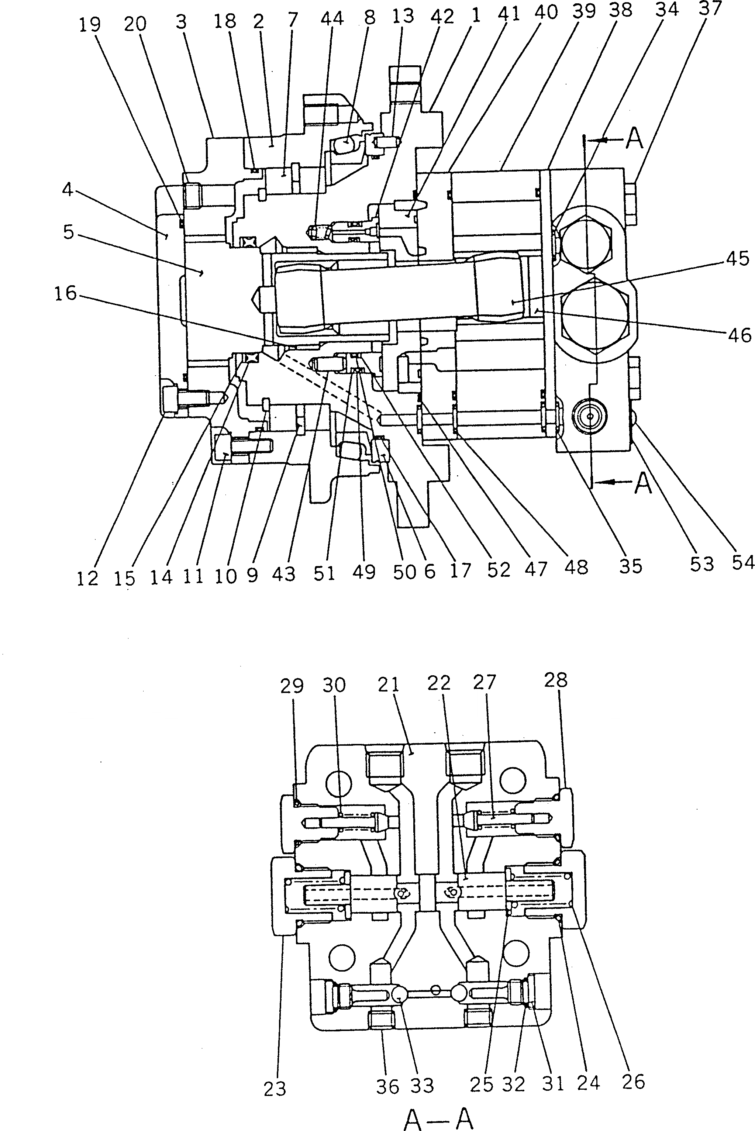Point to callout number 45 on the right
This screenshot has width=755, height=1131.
point(737,259)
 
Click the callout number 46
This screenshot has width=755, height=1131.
point(739,335)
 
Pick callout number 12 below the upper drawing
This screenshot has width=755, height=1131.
point(87,579)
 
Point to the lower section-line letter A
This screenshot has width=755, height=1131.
point(643,483)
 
